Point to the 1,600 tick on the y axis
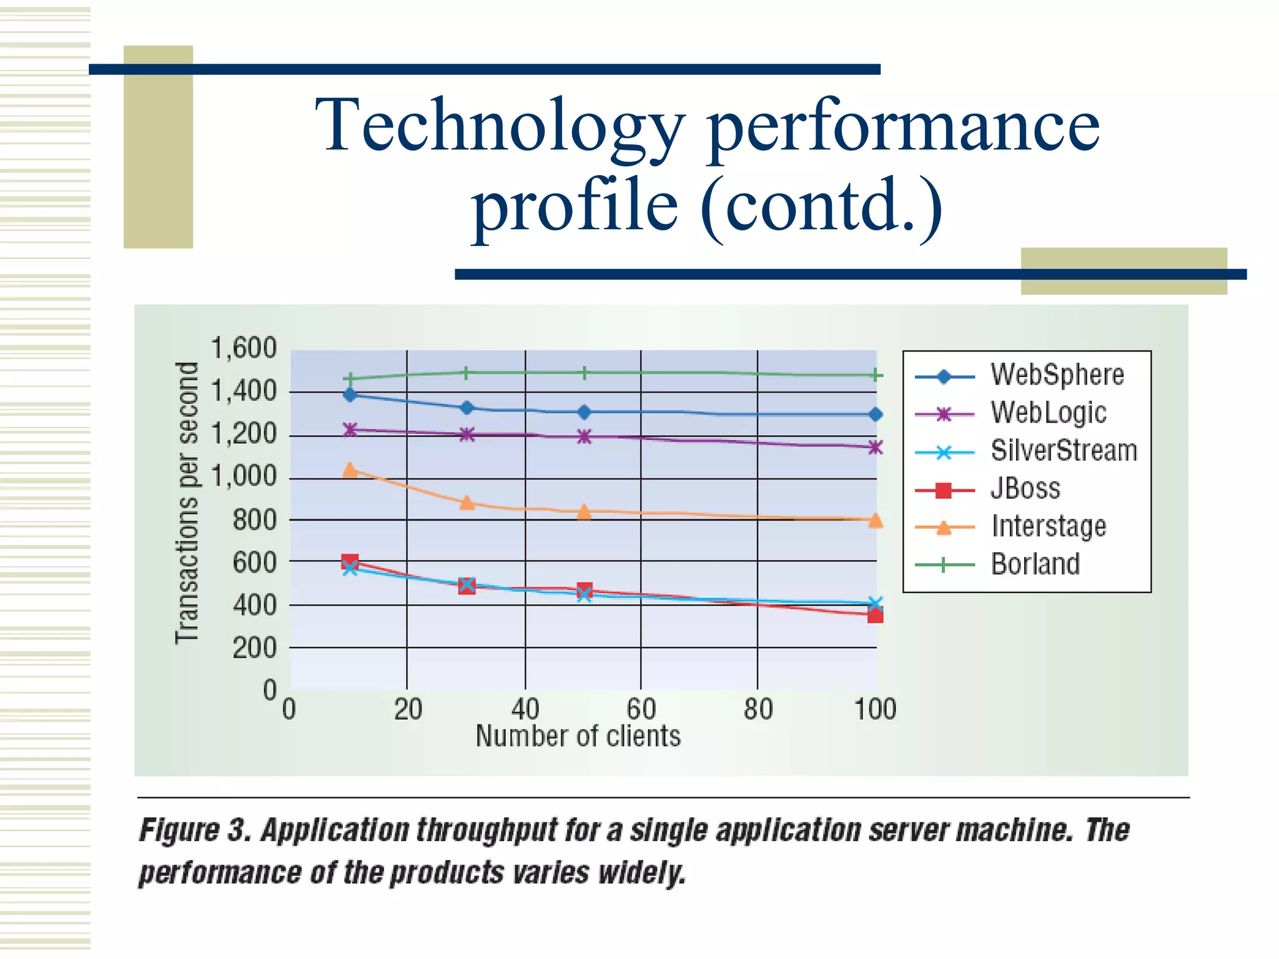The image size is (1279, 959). [x=244, y=348]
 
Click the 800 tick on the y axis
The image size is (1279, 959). [x=254, y=519]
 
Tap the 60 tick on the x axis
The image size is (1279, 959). [x=641, y=710]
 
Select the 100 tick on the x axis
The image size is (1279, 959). [x=875, y=710]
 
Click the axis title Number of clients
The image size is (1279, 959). [x=578, y=737]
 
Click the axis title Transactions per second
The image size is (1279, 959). [x=187, y=503]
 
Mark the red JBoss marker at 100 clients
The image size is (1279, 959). [x=875, y=616]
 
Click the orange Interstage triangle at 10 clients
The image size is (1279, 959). [x=350, y=470]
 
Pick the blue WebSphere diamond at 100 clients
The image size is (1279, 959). [x=876, y=414]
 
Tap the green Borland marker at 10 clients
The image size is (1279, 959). [x=350, y=378]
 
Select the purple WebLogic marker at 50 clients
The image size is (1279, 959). [x=584, y=436]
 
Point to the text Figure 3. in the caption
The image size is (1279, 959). [x=194, y=831]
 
